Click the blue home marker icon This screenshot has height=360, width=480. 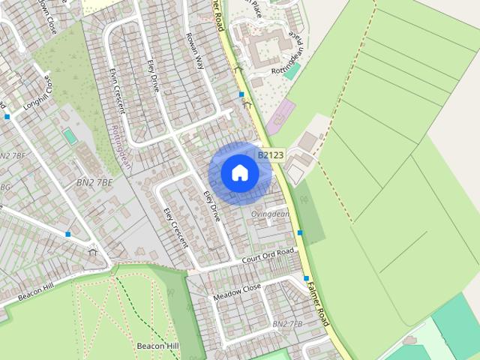pos(239,172)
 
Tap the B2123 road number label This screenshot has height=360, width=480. pos(271,155)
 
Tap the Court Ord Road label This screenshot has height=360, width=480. pos(268,255)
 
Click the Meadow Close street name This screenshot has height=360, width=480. pos(237,292)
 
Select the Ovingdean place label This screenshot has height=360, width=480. pos(270,213)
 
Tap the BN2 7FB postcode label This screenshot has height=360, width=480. pos(287,324)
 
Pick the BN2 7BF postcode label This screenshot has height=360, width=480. pos(13,156)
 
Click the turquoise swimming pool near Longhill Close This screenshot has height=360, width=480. pos(69,136)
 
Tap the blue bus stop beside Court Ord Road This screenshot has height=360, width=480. pos(300,232)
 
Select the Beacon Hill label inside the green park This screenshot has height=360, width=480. pos(157,346)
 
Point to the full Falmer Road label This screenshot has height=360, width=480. pos(319,301)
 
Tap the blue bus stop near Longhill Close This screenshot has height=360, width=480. pos(7,116)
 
